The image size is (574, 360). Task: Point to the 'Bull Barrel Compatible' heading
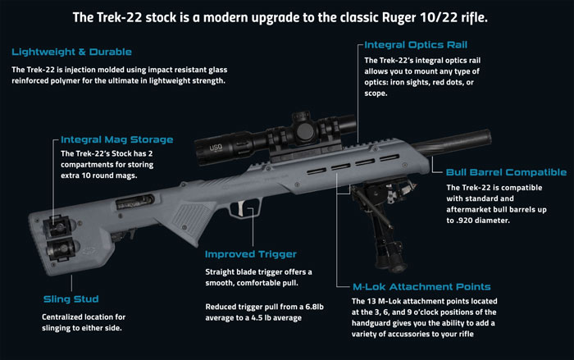click(x=505, y=172)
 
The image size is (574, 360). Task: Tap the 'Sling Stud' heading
click(x=71, y=298)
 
